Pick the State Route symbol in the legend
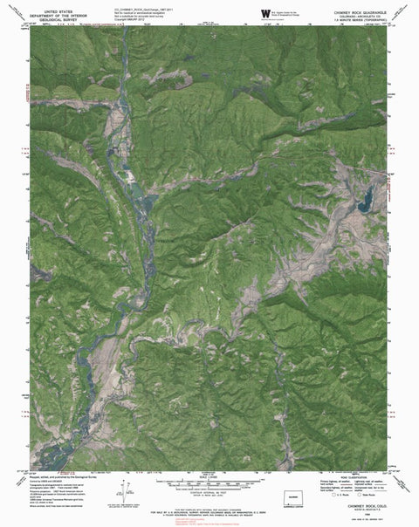point(359,500)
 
